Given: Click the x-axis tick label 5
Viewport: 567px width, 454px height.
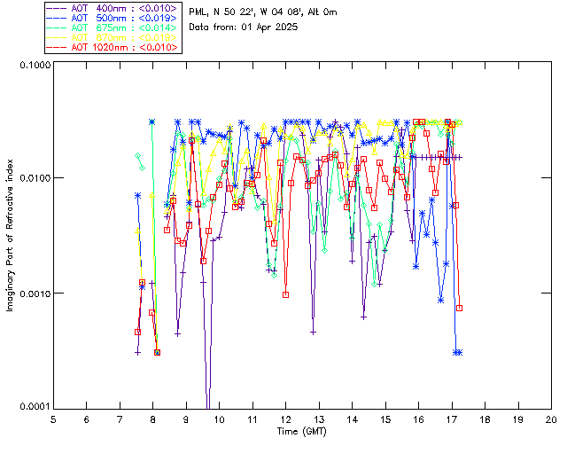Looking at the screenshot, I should coord(53,419).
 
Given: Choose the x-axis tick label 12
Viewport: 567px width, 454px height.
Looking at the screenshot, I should coord(285,419).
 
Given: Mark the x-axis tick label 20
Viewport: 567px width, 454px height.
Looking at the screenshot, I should coord(551,419).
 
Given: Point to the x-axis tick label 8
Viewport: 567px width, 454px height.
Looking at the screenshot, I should coord(153,419).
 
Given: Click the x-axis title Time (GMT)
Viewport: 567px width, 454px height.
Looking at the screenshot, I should coord(301,431).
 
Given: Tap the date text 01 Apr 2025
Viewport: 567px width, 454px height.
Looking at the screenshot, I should coord(269,27).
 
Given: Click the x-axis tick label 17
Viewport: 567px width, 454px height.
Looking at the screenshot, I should coord(452,419).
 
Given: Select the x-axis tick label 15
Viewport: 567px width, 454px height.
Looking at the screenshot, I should coord(385,419).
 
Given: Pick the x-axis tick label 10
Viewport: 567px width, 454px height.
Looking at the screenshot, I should coord(219,419).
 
